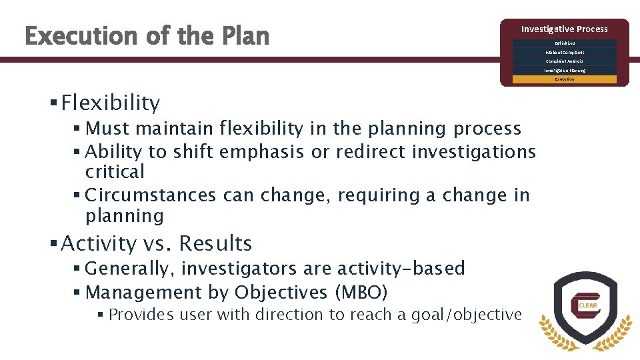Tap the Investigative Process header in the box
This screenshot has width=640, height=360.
(x=564, y=29)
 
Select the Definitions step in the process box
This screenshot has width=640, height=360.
(x=564, y=43)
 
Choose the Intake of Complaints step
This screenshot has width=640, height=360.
(x=564, y=52)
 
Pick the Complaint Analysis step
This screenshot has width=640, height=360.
(x=564, y=61)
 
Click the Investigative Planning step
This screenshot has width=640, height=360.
(x=564, y=70)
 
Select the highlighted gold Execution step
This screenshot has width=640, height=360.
(x=564, y=79)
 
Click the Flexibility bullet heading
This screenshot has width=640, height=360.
(x=110, y=103)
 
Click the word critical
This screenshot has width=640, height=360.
(x=115, y=172)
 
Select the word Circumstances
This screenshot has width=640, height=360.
(x=151, y=195)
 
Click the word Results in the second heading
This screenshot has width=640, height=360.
(x=215, y=243)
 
